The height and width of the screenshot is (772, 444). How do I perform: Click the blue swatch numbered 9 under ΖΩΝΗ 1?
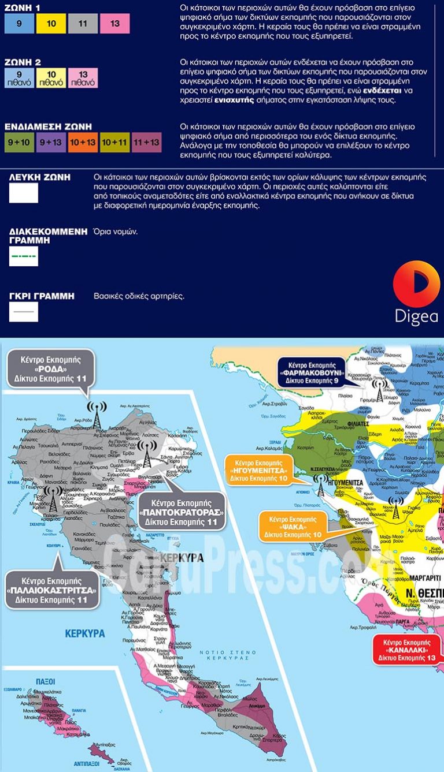[19, 24]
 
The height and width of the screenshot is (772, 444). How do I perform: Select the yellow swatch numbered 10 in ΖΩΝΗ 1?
[51, 24]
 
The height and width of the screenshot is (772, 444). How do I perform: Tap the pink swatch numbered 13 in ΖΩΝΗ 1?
[114, 24]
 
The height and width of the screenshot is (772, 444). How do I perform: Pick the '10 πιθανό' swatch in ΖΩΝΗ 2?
[51, 78]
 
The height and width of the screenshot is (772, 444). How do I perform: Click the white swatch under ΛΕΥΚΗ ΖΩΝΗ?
[24, 193]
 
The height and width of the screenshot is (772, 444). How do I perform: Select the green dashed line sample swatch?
[24, 256]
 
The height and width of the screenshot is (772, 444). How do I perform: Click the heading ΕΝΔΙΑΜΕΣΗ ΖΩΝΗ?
[48, 126]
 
